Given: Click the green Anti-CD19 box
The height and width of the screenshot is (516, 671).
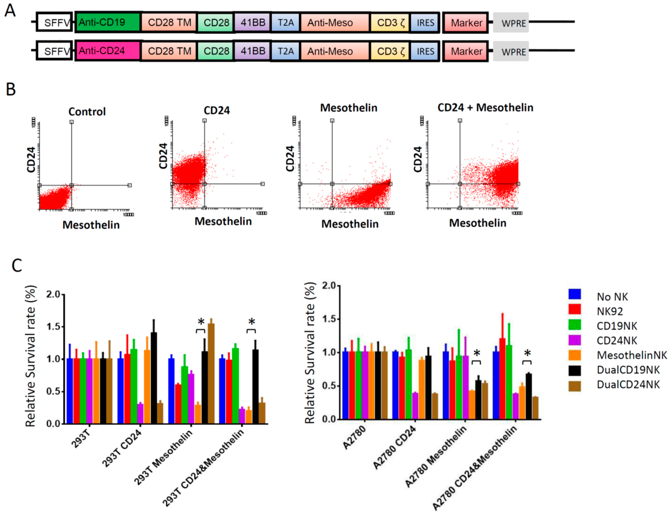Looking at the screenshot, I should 107,22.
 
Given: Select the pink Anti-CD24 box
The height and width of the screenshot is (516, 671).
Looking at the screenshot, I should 107,51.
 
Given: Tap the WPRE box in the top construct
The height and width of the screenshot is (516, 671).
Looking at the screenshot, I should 511,23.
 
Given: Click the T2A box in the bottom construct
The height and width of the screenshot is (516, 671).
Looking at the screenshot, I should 285,51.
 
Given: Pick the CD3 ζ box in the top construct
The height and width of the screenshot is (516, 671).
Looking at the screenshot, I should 390,22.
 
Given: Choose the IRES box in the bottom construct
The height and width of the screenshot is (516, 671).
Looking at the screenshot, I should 425,51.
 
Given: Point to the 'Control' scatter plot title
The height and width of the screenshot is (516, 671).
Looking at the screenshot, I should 87,112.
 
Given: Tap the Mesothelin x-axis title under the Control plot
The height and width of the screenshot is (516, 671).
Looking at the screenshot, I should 91,225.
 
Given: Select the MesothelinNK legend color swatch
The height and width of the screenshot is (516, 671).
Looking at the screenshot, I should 574,355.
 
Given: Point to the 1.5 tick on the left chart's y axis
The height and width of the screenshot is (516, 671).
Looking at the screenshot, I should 53,327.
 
